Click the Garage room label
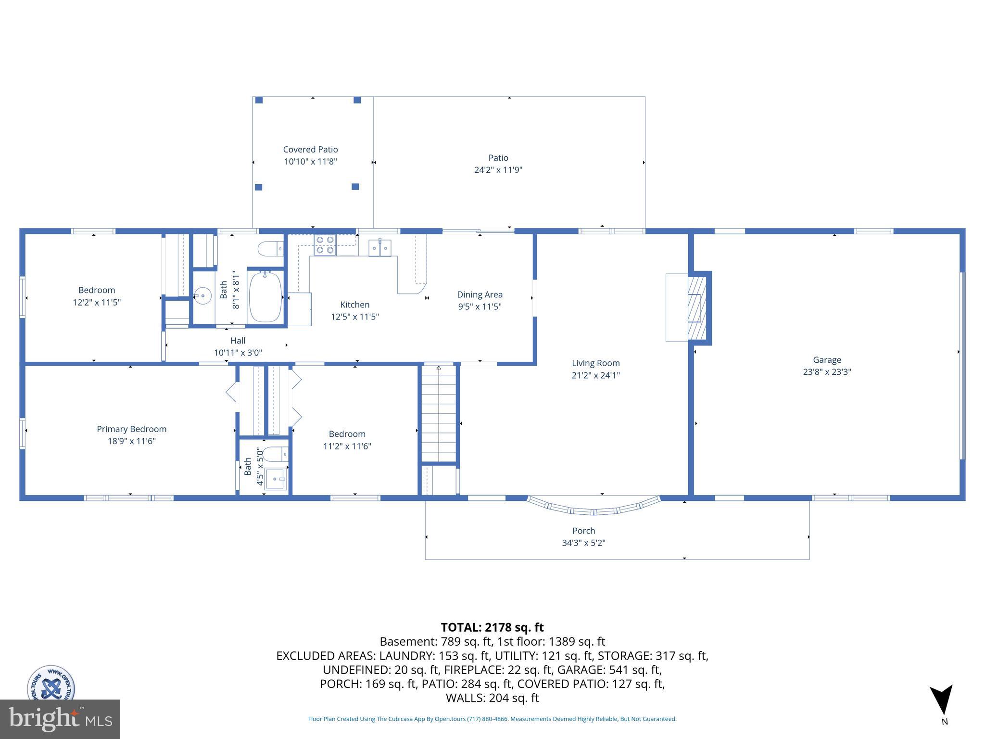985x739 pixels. tap(827, 359)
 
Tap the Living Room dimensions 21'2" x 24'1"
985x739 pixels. tap(595, 375)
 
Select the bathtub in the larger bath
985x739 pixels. tap(265, 296)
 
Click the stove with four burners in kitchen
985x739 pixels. tap(325, 245)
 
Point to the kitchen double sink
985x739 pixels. tap(379, 247)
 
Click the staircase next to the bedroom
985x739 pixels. tap(439, 414)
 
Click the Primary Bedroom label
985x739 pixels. tap(131, 429)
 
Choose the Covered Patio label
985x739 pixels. tap(310, 149)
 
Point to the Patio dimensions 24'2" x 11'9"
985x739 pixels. tap(498, 170)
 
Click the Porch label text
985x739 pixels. tap(583, 531)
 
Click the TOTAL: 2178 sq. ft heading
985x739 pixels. tap(492, 627)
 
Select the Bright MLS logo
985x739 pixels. tap(60, 719)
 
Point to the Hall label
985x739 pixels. tap(238, 340)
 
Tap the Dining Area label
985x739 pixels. tap(480, 294)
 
